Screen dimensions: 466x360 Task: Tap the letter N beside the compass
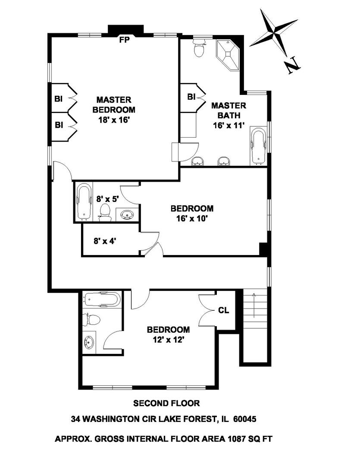[x=292, y=65]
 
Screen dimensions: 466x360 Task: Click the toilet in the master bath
[x=199, y=49]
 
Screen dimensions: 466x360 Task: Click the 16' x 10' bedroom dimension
[x=192, y=218]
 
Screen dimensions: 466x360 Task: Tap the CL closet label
[x=224, y=310]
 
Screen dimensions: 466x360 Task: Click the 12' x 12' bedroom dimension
[x=168, y=340]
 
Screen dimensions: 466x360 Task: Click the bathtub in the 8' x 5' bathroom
[x=84, y=201]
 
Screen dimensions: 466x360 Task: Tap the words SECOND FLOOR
[x=166, y=403]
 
